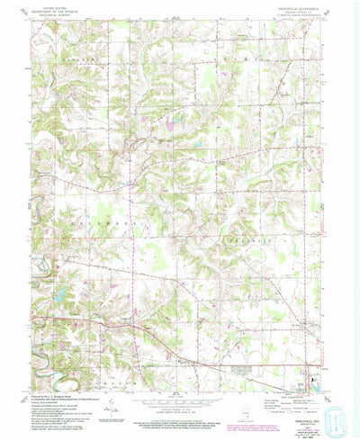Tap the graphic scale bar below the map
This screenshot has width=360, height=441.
point(180,400)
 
